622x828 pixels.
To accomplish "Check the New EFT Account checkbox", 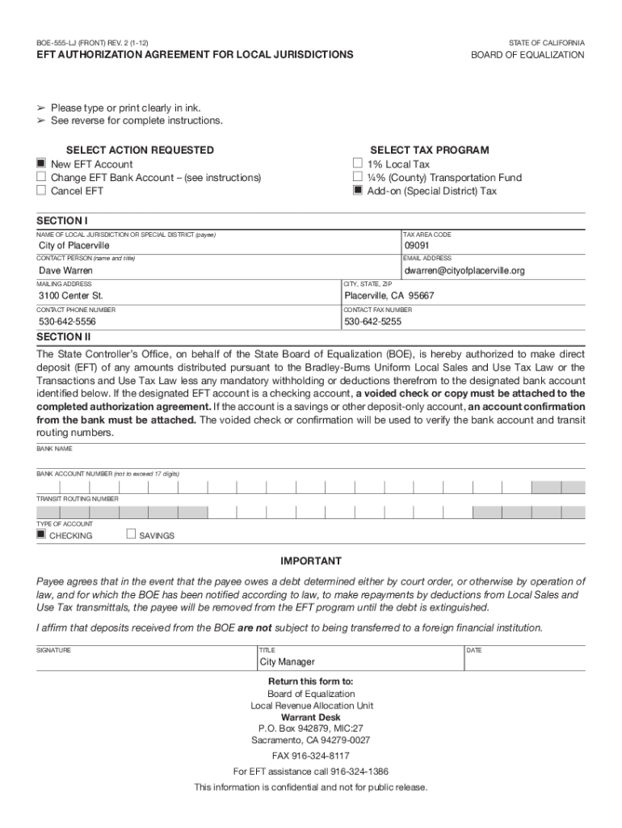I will [x=41, y=164].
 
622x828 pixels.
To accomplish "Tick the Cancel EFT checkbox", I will [x=41, y=191].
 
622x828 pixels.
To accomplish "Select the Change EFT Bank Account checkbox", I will [x=41, y=178].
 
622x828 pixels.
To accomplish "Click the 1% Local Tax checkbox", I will [x=358, y=164].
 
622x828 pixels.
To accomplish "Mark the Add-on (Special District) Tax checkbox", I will [x=358, y=191].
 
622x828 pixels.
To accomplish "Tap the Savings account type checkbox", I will [x=131, y=534].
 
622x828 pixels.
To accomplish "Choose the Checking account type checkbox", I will [x=41, y=534].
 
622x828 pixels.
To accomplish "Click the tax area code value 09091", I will [x=417, y=246].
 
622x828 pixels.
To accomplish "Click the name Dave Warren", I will [x=66, y=271].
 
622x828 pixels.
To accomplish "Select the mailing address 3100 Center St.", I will [x=71, y=296].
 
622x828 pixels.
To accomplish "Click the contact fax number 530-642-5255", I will [x=372, y=322].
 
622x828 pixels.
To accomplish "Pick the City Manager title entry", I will [x=287, y=662].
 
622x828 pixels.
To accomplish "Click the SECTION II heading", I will [x=63, y=337].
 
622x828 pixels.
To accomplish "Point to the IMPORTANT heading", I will [x=311, y=561].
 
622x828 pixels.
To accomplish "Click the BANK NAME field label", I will [x=54, y=448].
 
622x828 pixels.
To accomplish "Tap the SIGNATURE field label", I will [x=53, y=650].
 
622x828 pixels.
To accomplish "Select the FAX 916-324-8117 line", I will [x=311, y=755].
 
